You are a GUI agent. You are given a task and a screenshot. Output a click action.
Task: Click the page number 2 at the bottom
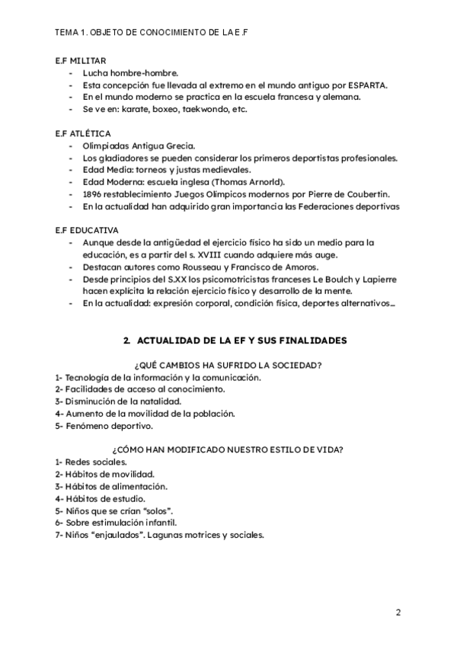coord(398,612)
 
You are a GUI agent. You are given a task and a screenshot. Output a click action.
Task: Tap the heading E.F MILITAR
coord(81,60)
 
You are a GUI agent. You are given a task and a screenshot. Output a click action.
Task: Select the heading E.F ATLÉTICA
coord(82,133)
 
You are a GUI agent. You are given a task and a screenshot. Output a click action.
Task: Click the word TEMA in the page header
coord(66,33)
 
